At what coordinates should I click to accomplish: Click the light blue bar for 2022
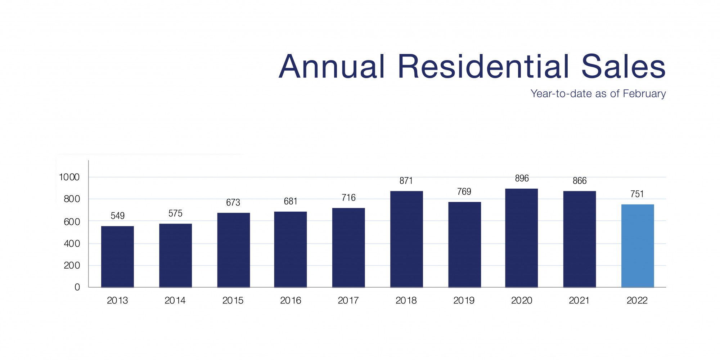coord(637,246)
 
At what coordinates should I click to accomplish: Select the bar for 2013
coord(117,257)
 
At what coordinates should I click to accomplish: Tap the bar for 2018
coord(406,239)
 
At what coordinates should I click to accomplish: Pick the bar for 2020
coord(521,238)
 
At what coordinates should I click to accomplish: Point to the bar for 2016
coord(291,249)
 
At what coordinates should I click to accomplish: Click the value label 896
coord(522,178)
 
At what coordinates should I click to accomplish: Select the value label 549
coord(117,216)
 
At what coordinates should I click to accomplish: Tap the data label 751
coord(637,194)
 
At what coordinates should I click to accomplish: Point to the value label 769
coord(464,192)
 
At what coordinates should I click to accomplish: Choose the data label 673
coord(233,203)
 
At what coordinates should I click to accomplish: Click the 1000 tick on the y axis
coord(69,177)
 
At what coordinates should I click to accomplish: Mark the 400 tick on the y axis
coord(72,244)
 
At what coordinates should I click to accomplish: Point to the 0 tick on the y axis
coord(77,287)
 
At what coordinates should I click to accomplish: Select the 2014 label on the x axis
coord(175,300)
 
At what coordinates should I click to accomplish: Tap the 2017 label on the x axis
coord(348,300)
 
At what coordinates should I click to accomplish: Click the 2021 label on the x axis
coord(579,300)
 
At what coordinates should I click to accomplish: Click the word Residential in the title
coord(483,67)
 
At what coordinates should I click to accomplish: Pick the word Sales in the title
coord(623,67)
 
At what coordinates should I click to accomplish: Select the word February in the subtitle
coord(644,94)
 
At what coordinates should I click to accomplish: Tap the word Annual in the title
coord(332,67)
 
